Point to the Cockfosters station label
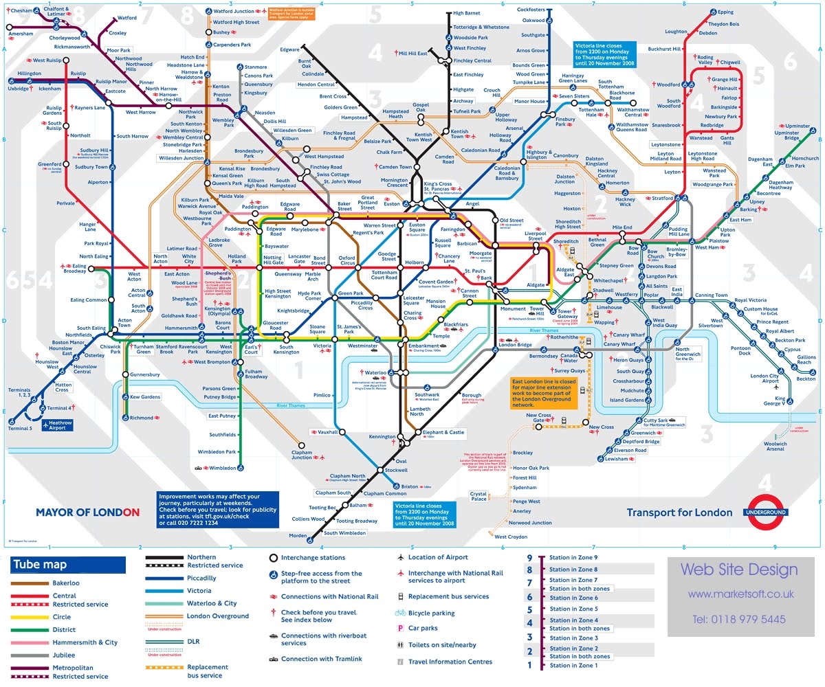(x=530, y=10)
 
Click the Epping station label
(x=725, y=12)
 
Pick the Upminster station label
(x=797, y=126)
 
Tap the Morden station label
(x=298, y=536)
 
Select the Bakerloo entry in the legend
(x=66, y=583)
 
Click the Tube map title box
(x=68, y=565)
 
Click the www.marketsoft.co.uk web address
(x=740, y=594)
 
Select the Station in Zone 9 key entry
(x=573, y=558)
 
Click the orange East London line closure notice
(x=544, y=392)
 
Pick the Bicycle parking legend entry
(x=431, y=613)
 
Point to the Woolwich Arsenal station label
(x=775, y=447)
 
